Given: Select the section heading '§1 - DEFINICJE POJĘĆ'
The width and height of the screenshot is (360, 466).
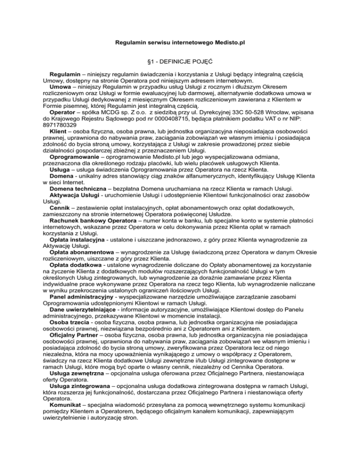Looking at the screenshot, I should (180, 61).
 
